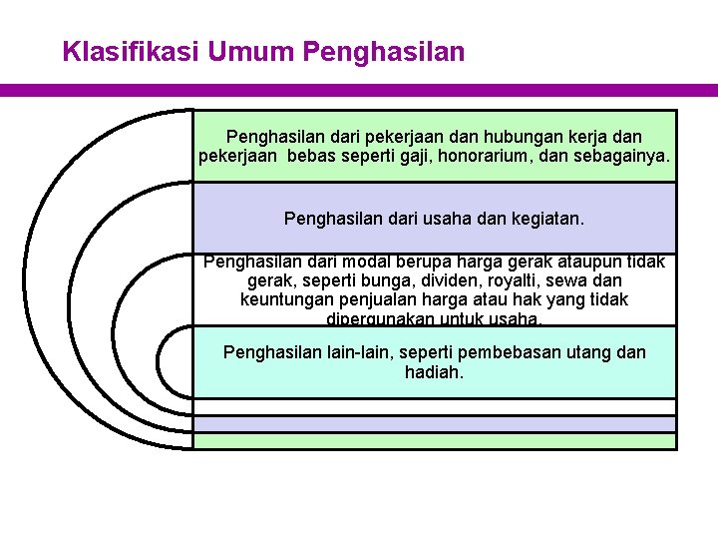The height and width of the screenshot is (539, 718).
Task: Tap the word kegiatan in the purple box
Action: [547, 217]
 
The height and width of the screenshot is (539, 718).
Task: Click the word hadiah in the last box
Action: [435, 372]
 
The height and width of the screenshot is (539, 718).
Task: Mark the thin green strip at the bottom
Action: [435, 441]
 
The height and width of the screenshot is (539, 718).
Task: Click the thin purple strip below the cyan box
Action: [435, 424]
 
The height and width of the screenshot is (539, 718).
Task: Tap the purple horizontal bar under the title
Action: [359, 90]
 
